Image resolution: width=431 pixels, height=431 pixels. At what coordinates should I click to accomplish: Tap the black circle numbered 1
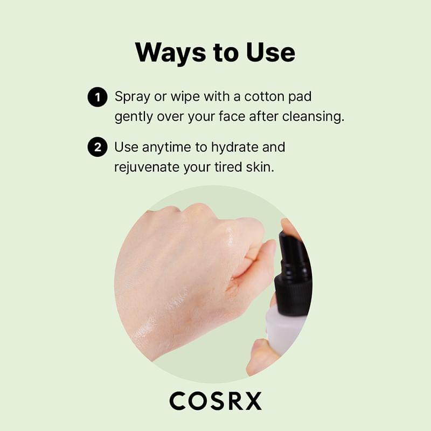pos(97,98)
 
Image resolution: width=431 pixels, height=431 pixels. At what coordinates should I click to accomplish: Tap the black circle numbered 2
pos(97,147)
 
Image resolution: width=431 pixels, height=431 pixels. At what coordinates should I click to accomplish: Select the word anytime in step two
pos(162,147)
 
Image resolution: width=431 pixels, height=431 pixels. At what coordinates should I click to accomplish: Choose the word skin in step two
pos(262,166)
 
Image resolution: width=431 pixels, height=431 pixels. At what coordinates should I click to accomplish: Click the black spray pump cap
pos(293,269)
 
